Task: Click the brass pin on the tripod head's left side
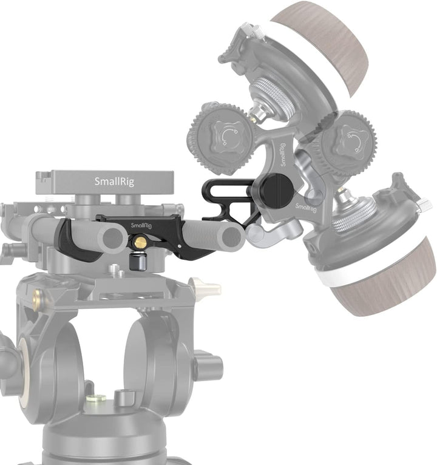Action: click(37, 297)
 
